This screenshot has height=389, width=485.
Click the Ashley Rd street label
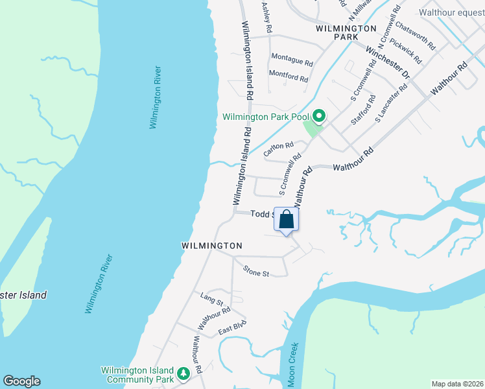[266, 16]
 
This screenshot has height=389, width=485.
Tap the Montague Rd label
[292, 60]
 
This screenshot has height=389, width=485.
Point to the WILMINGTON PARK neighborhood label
[346, 32]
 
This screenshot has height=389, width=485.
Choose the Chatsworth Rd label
[415, 36]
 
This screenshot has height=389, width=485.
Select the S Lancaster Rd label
[391, 102]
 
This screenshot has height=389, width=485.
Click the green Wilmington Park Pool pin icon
[318, 116]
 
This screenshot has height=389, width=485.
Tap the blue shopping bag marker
[286, 221]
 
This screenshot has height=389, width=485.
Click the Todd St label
[262, 213]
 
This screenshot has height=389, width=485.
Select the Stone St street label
[255, 272]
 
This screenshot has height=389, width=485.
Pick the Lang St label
[211, 301]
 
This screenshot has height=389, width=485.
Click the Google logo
[21, 381]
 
